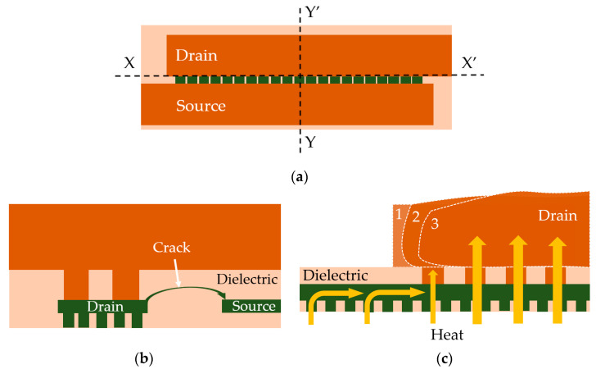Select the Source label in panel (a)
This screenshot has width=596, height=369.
coord(201,106)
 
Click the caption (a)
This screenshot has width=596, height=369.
coord(298,175)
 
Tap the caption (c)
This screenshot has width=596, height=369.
coord(445,358)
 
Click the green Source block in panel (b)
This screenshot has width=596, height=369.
coord(252,306)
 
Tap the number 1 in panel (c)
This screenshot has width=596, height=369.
coord(400,216)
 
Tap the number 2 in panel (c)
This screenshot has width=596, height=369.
coord(416,218)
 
